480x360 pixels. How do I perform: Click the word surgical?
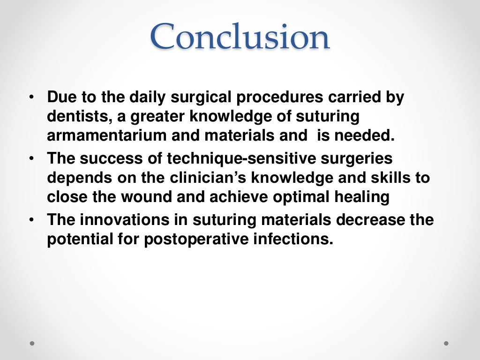[195, 98]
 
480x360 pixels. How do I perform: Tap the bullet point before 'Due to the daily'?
[31, 97]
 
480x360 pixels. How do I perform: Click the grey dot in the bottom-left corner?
[32, 344]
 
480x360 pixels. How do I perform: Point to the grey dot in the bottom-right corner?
[446, 344]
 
